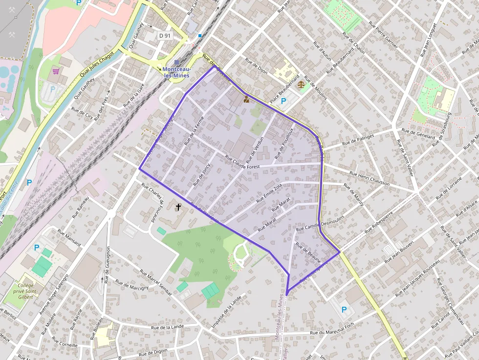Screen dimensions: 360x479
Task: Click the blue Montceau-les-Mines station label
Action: tap(176, 72)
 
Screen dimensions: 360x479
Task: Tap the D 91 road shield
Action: tap(165, 36)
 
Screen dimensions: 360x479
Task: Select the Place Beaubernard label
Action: tap(284, 89)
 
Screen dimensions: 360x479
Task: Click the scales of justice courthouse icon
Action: tap(300, 84)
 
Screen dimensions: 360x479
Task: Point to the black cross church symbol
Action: tap(178, 207)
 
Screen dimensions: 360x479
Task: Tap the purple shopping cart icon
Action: tap(56, 71)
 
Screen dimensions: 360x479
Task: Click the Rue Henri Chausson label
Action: tap(370, 178)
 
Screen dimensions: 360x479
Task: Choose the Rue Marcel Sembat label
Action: tap(156, 282)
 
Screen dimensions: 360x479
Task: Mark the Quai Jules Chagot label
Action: tap(96, 64)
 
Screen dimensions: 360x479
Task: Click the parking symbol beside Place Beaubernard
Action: tap(283, 101)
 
